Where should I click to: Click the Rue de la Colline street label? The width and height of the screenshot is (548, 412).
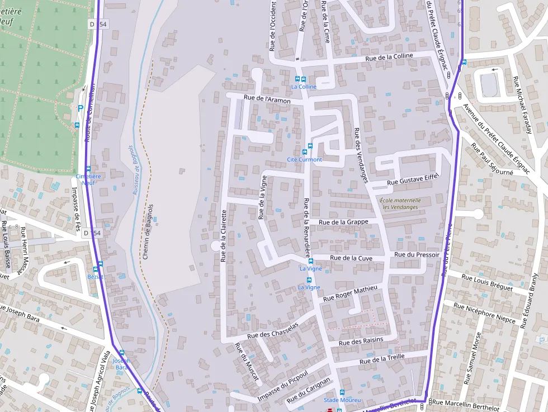click(389, 56)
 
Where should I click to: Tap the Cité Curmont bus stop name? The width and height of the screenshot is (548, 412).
click(304, 159)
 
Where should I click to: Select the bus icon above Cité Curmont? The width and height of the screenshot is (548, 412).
click(305, 151)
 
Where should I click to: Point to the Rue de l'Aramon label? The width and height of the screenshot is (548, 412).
click(267, 100)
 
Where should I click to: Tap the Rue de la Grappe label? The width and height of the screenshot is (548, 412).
click(343, 222)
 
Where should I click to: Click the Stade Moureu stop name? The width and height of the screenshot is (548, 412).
click(342, 400)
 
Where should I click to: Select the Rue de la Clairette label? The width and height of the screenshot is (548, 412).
click(223, 235)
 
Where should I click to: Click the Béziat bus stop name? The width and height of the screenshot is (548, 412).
click(96, 277)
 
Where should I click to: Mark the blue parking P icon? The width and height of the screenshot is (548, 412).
click(81, 108)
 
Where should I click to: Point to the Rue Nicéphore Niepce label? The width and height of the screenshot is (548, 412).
click(484, 314)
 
